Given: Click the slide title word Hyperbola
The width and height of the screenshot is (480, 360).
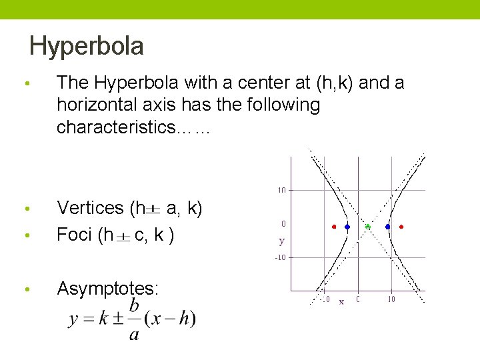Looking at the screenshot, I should pos(87,46).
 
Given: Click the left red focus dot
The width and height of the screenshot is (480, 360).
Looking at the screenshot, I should pos(334,227).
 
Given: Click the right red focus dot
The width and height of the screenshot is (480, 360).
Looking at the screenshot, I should pos(401,227).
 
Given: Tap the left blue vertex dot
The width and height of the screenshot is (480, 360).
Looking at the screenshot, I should pos(347,227).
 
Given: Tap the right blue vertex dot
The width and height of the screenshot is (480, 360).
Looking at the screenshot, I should pos(387,227).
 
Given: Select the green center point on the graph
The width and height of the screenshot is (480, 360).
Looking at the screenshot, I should pos(367,227).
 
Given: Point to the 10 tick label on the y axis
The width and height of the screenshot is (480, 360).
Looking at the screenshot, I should pos(281,190).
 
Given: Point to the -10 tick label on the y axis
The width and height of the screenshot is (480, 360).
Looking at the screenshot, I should pos(281,257).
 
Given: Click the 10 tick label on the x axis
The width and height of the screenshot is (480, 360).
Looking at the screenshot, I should pos(391,299).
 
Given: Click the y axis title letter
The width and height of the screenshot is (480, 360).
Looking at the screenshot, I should pos(282,241).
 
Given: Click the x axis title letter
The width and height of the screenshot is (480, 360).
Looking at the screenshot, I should pos(341,301).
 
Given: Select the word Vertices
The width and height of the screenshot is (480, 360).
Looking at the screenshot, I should pos(91,208).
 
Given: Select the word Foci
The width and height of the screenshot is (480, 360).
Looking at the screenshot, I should pos(74,235).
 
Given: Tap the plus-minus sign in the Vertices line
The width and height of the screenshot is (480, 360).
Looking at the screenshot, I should pos(153,210).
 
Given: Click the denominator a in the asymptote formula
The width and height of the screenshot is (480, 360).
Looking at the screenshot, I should pos(134,333).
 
